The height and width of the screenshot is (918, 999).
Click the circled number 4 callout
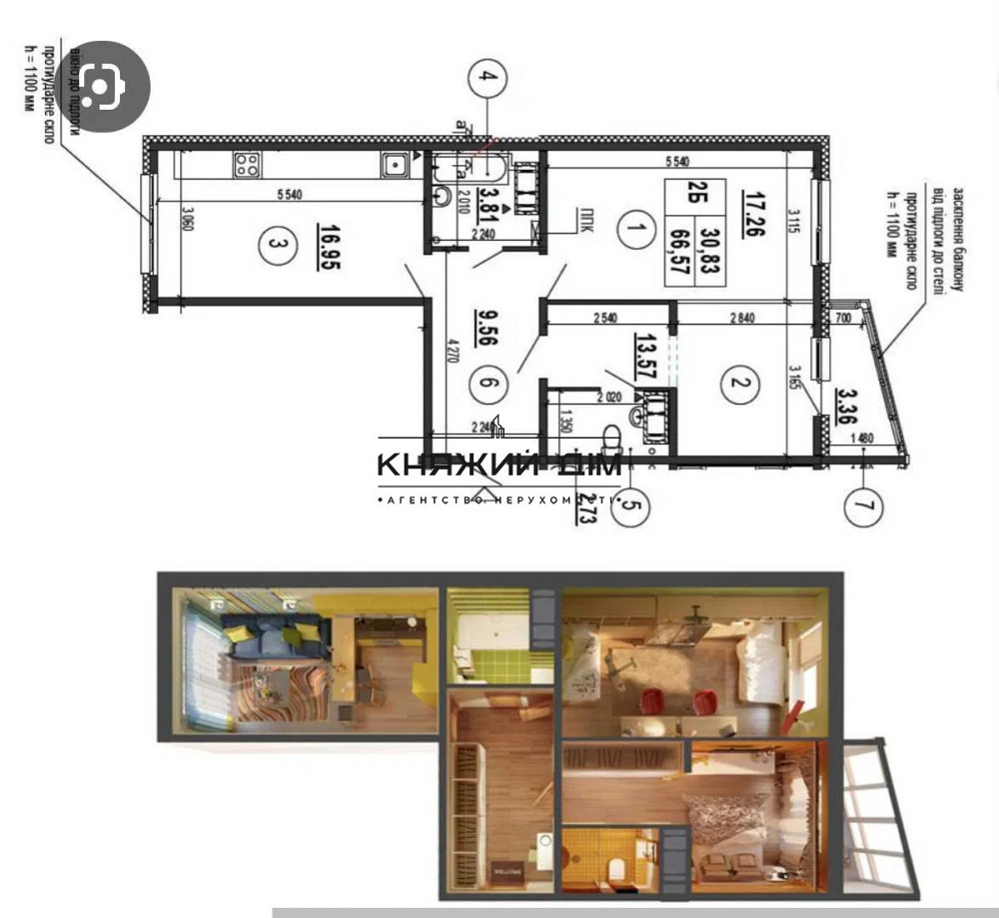pos(488,77)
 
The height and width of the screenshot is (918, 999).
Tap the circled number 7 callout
pos(864,505)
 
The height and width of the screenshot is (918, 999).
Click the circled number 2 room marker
pos(738,385)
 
